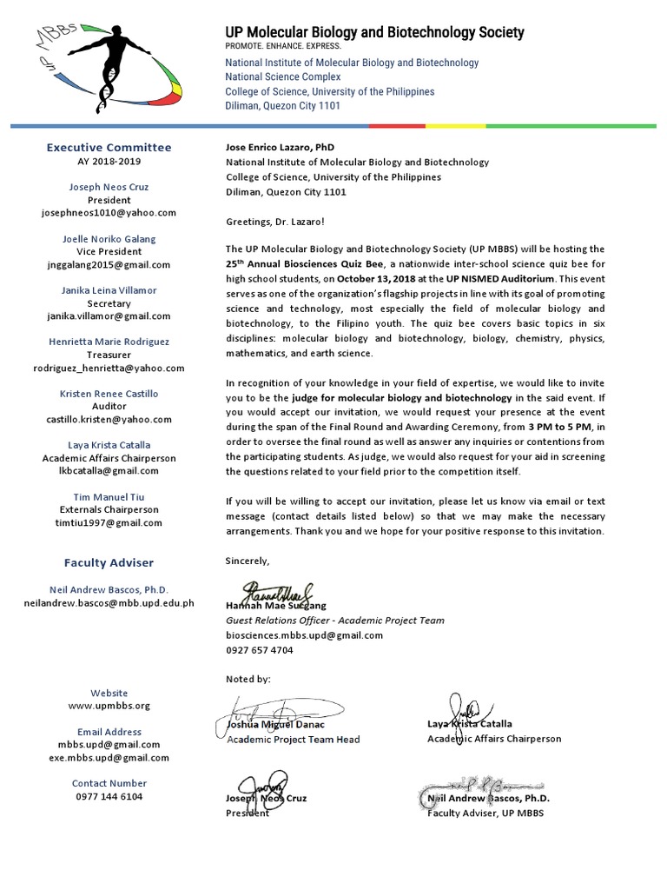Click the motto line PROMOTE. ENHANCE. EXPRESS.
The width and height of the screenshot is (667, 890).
[x=284, y=47]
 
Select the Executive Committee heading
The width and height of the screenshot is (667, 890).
[x=109, y=147]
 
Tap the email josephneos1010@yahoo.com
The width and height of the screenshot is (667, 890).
[x=109, y=212]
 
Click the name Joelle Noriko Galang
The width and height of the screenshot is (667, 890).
[x=109, y=239]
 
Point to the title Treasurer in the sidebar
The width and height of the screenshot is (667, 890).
[x=109, y=355]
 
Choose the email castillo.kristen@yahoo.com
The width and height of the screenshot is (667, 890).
[x=109, y=419]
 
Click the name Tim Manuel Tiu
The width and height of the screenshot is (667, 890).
[x=109, y=496]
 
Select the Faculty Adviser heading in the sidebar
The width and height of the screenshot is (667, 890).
[x=109, y=563]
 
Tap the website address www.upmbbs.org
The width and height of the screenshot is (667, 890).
[x=109, y=706]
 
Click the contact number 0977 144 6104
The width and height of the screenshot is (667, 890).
[x=109, y=796]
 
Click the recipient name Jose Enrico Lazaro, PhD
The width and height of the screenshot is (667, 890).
[x=280, y=148]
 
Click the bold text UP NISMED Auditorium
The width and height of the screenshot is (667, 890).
[x=501, y=278]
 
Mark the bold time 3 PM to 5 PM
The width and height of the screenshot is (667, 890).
[x=558, y=427]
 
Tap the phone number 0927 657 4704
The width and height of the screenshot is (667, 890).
[x=259, y=649]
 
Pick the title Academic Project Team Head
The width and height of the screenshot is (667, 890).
[x=294, y=740]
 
